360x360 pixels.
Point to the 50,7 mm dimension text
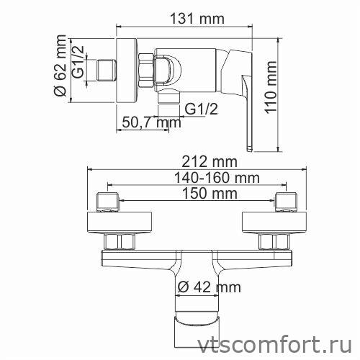(151, 123)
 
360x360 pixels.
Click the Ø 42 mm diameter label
(208, 287)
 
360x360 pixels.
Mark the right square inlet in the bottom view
(286, 201)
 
